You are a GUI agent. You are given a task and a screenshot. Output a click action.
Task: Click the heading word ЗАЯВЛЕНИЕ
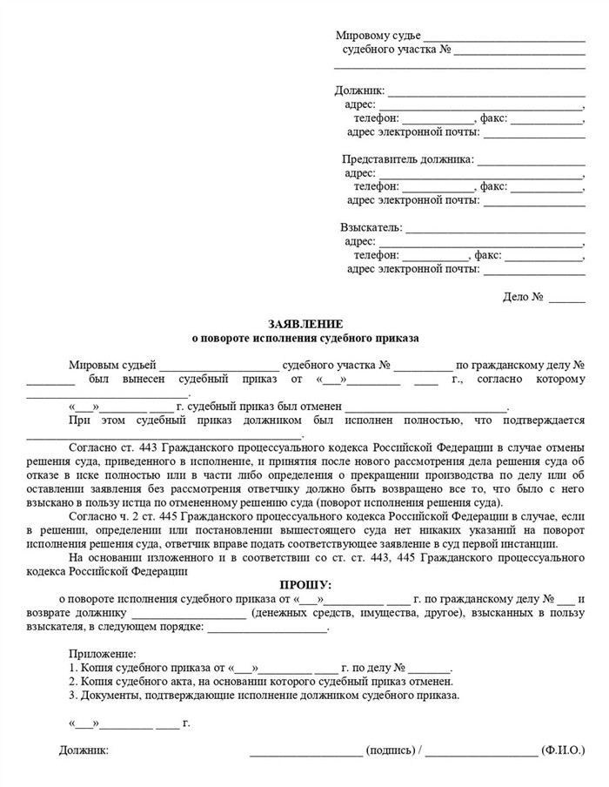pyautogui.click(x=304, y=323)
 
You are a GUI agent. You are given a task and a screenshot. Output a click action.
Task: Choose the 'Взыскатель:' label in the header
pyautogui.click(x=371, y=228)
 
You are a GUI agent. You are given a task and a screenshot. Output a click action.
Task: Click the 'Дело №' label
pyautogui.click(x=523, y=297)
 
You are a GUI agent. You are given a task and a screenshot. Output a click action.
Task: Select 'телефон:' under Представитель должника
pyautogui.click(x=377, y=186)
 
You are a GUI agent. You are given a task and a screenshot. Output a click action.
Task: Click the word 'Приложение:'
pyautogui.click(x=102, y=653)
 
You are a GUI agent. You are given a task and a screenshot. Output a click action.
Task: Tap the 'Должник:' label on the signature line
pyautogui.click(x=84, y=750)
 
